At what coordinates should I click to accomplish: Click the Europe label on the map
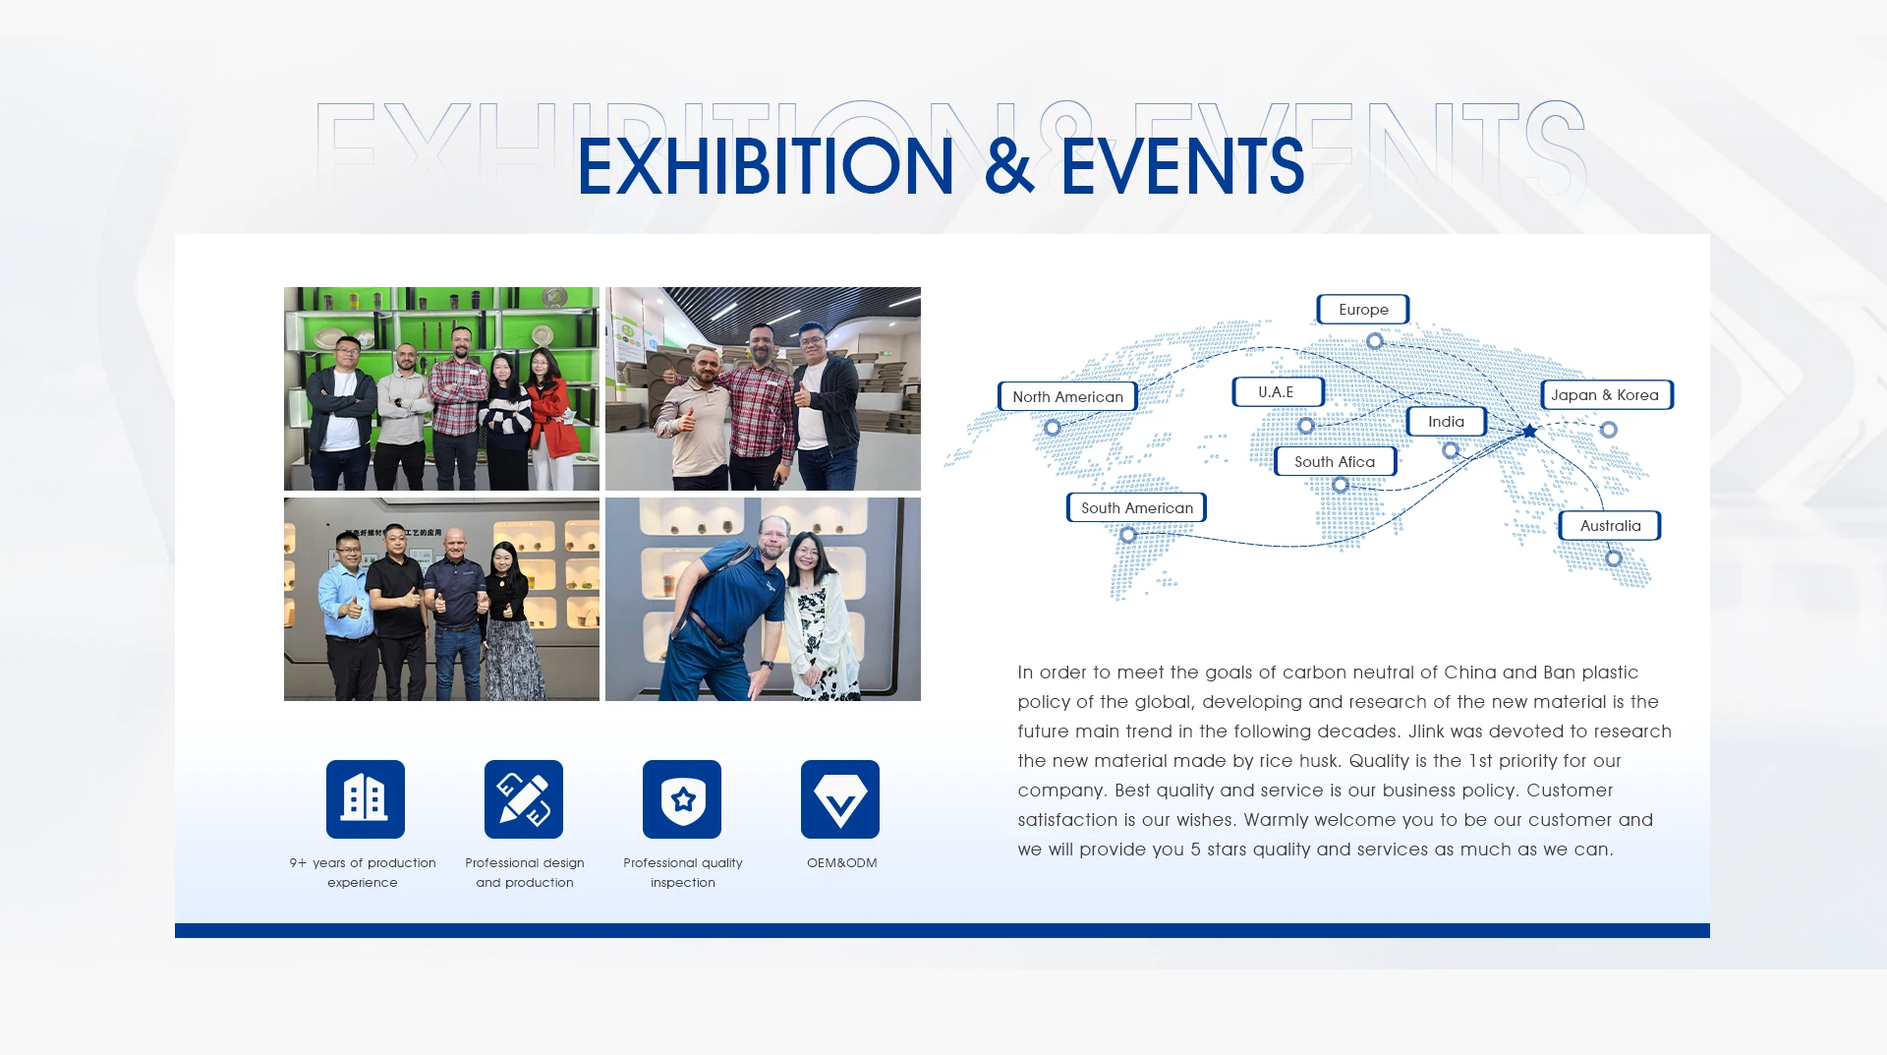pos(1363,310)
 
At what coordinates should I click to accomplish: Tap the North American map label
pos(1067,396)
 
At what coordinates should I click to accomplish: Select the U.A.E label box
pos(1278,391)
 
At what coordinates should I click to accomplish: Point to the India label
pos(1446,421)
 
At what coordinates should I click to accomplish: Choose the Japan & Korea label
pos(1606,394)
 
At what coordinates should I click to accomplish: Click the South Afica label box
pos(1335,461)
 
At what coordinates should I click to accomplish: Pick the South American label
pos(1136,507)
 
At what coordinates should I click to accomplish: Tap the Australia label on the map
pos(1610,525)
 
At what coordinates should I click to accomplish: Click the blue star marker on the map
pos(1529,431)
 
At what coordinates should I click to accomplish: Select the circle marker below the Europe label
pos(1375,340)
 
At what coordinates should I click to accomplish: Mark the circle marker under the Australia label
pos(1614,558)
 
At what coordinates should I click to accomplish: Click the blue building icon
pos(366,799)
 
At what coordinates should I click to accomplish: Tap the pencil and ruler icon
pos(524,799)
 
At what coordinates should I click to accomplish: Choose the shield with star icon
pos(682,799)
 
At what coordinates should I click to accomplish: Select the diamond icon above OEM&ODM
pos(840,799)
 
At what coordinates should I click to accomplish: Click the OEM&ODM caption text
pos(841,863)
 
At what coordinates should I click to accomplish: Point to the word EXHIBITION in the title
pos(766,166)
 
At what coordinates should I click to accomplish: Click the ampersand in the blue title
pos(1008,166)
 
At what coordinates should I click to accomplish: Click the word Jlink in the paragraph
pos(1426,732)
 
